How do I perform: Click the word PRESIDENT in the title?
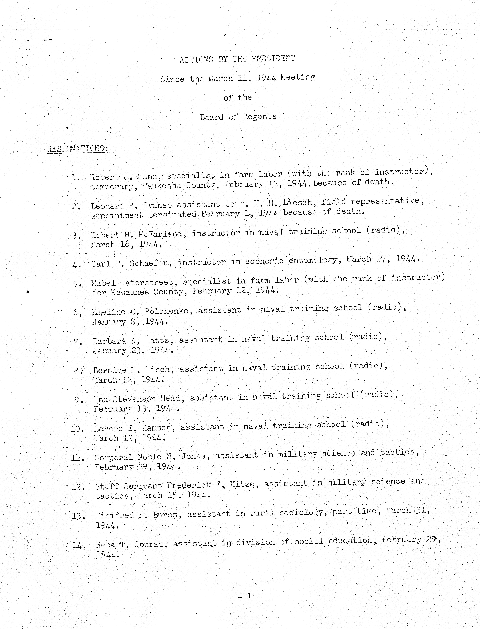point(273,59)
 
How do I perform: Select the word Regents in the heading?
point(259,116)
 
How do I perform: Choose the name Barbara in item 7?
point(109,341)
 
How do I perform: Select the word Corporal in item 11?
point(113,457)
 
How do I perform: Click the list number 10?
point(77,429)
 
